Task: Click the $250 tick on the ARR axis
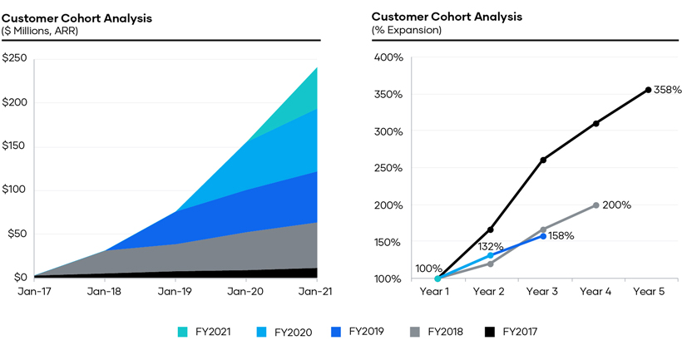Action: (x=14, y=58)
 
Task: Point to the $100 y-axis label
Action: (x=14, y=190)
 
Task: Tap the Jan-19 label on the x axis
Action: (x=175, y=292)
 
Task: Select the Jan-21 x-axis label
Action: (x=316, y=292)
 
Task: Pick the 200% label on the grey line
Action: (x=617, y=205)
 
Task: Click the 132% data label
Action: (x=491, y=247)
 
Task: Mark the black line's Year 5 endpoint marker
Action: (x=649, y=90)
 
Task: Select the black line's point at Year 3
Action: (x=543, y=160)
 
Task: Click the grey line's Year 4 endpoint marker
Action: (x=596, y=205)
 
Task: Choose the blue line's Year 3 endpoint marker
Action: (x=543, y=236)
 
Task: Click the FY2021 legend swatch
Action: (x=183, y=333)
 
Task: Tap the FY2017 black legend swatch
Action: (x=489, y=333)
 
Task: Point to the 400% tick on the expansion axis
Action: (x=388, y=57)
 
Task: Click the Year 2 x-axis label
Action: (x=490, y=292)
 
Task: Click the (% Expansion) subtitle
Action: (x=407, y=31)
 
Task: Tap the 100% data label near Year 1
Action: (x=429, y=269)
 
